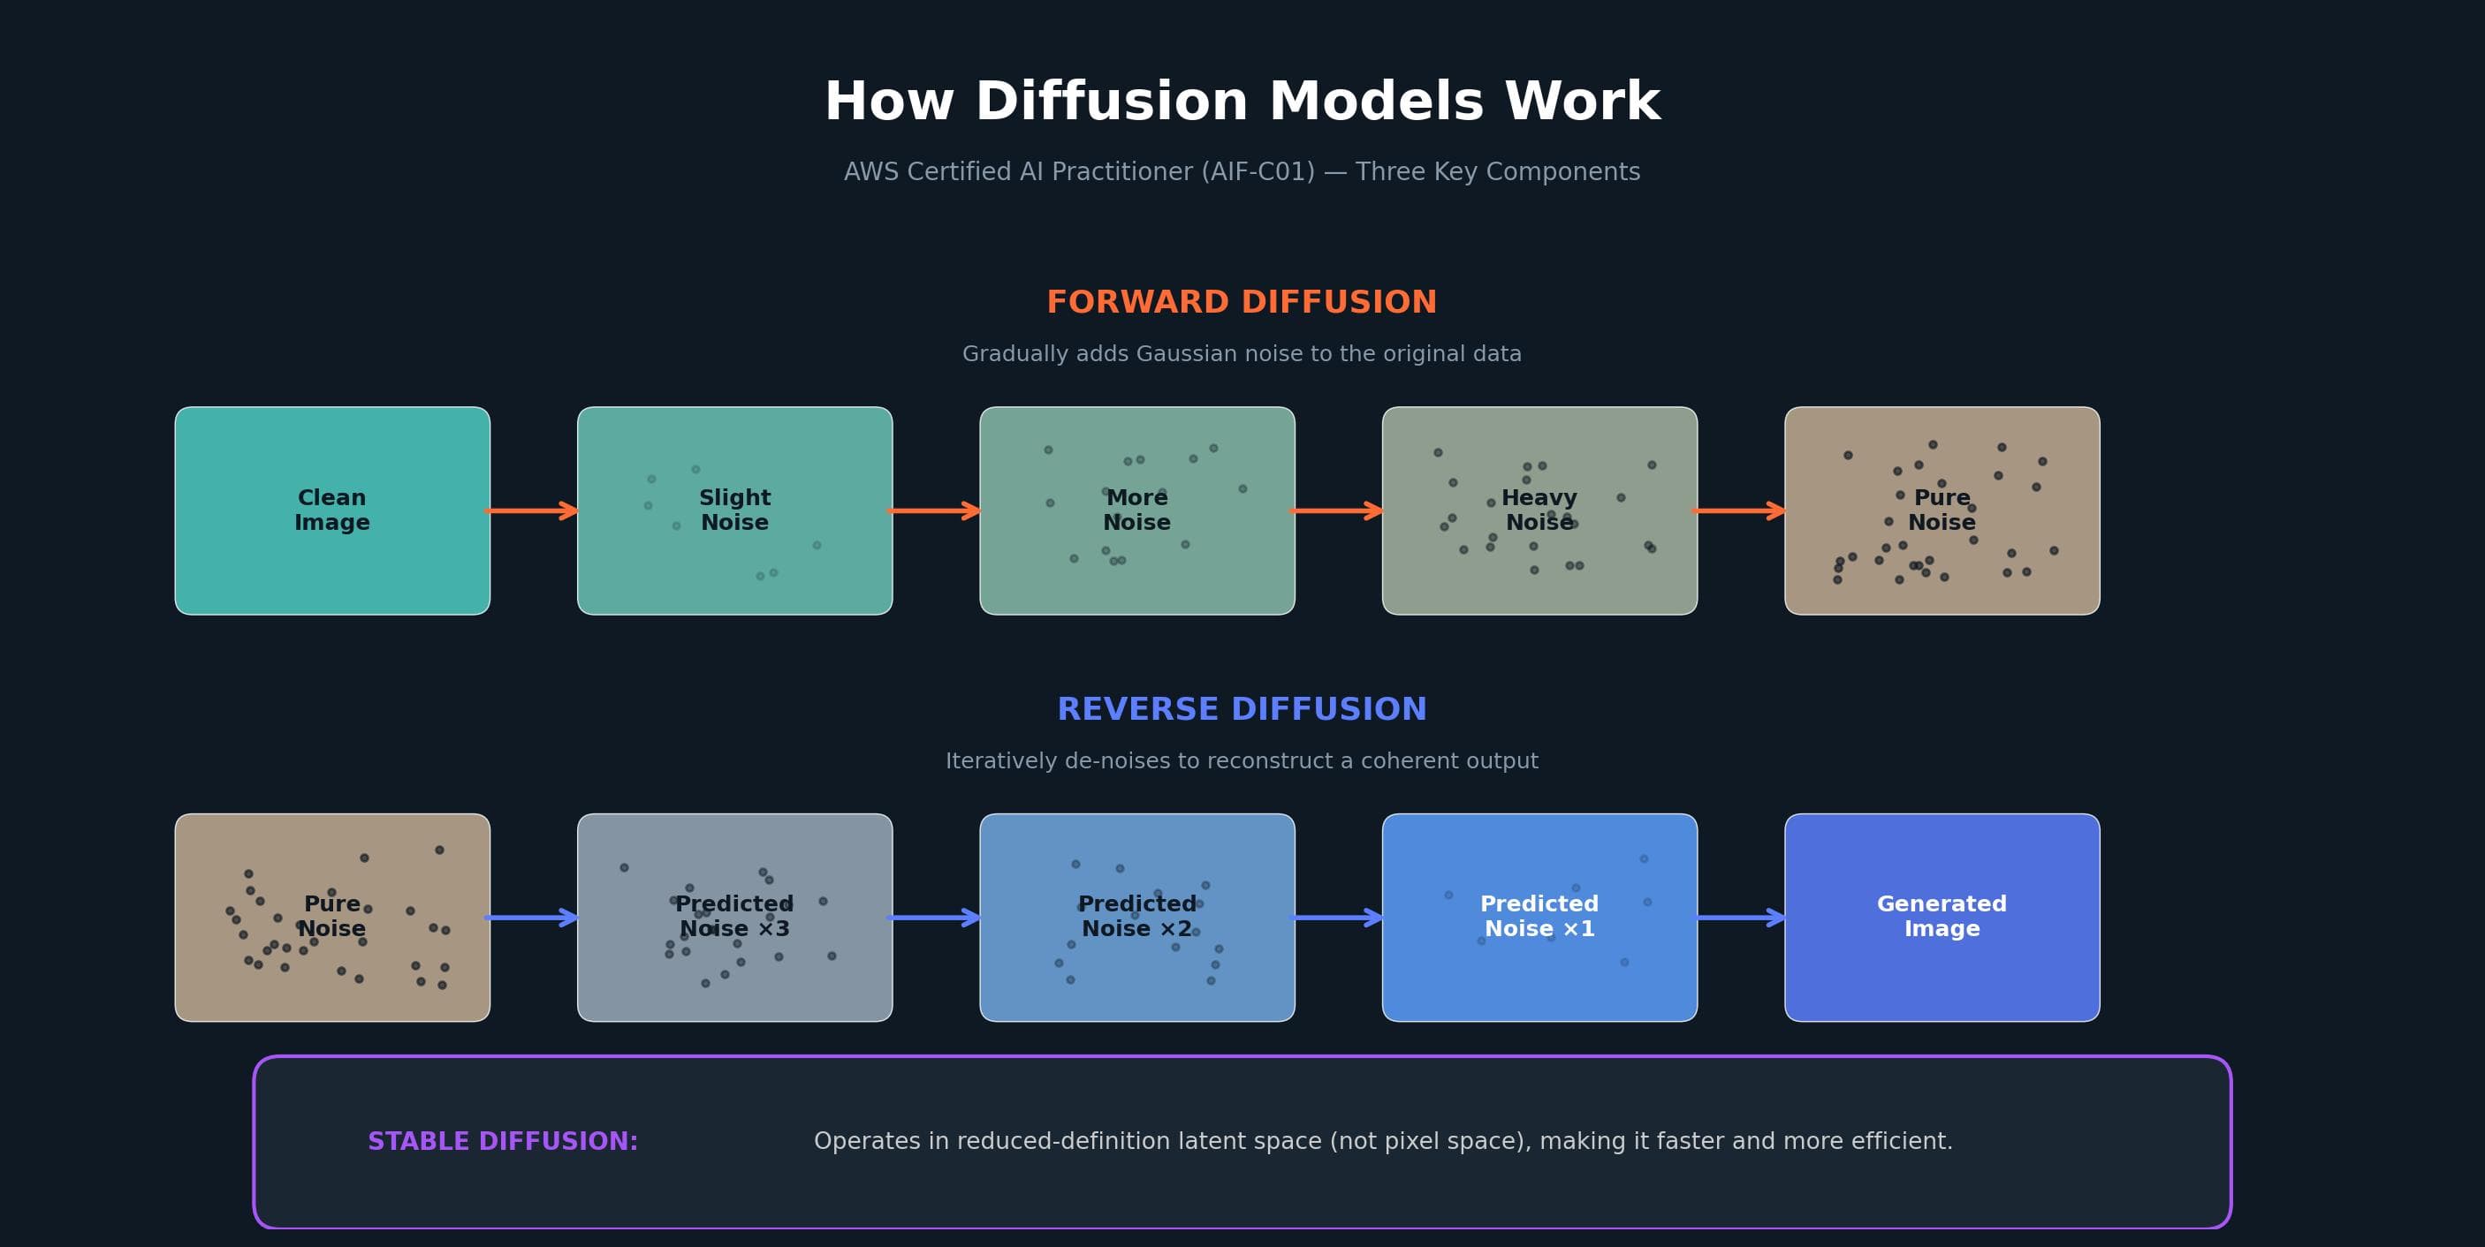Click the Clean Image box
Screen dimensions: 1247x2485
[332, 510]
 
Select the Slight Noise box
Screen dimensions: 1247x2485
[734, 510]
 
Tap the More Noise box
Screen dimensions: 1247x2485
[1136, 510]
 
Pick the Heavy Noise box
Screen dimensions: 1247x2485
[1539, 510]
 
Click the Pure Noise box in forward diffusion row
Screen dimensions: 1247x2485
[1941, 510]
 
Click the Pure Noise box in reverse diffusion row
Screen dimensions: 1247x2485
[332, 918]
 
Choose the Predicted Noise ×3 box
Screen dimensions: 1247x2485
[734, 918]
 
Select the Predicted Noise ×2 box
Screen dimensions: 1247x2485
[1136, 918]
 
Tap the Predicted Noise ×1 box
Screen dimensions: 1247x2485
[1539, 918]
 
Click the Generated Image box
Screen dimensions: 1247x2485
[1941, 918]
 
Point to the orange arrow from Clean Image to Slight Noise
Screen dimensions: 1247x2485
[533, 510]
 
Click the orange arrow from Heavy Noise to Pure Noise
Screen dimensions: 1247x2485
[1739, 510]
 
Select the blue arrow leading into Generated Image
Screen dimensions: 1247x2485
[1739, 918]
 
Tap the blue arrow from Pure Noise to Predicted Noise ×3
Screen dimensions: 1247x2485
[533, 918]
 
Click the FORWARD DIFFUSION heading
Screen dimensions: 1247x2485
[1242, 302]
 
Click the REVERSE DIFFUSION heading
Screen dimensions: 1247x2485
[1242, 709]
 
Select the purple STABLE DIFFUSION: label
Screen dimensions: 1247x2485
[503, 1141]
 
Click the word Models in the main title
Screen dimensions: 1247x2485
[1376, 102]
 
